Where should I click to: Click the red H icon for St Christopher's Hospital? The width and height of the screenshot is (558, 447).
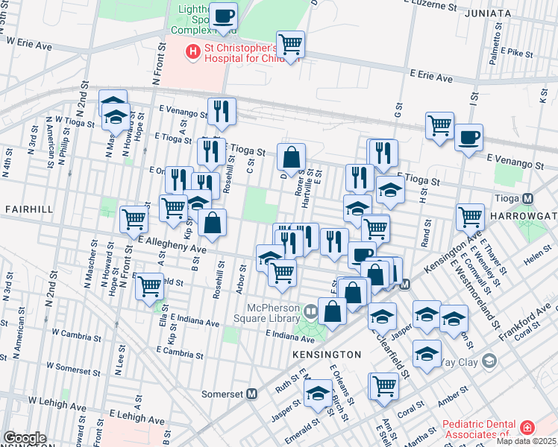193,51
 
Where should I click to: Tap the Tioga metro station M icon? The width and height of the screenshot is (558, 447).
528,199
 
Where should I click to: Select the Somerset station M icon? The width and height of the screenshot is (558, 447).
252,393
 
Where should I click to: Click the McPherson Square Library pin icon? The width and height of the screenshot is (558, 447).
309,309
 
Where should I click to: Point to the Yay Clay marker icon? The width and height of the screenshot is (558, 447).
489,361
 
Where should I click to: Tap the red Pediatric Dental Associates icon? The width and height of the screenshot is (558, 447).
527,428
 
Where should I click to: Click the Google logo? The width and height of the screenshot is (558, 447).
25,438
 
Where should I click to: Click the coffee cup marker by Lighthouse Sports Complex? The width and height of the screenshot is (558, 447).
223,15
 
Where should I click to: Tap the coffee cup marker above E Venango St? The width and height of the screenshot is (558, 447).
468,137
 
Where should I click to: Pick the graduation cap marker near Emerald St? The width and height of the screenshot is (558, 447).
319,393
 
